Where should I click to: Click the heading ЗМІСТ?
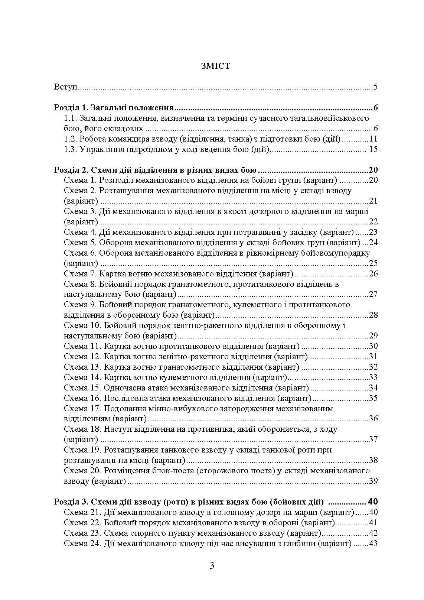215,66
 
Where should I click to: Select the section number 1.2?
70,139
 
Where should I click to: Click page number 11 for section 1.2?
373,139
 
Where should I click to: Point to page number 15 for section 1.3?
373,150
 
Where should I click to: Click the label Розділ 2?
70,170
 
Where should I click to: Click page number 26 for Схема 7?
373,274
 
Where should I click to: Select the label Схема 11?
82,346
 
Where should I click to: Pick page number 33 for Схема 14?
373,377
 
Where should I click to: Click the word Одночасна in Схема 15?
122,388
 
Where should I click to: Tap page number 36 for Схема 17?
373,419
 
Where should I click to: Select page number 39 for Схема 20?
373,481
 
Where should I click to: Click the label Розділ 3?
70,502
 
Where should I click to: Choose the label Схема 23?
82,533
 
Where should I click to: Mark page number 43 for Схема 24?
373,544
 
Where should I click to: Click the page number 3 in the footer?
212,566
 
